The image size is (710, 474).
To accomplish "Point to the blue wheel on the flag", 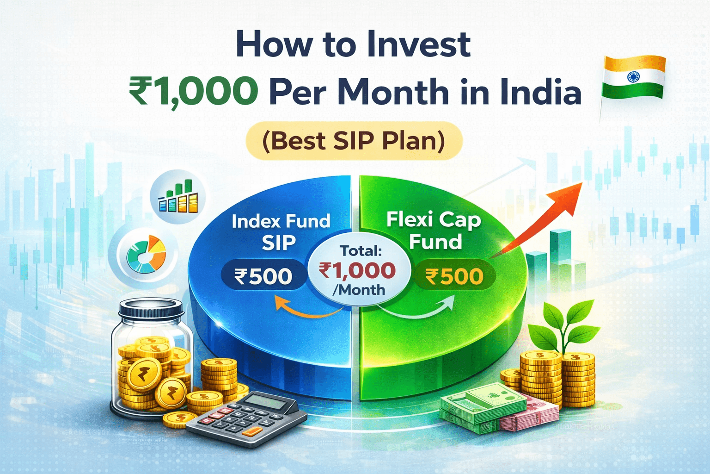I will coord(633,76).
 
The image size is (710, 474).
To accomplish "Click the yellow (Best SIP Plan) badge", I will coord(354,141).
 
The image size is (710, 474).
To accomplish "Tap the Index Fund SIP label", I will coord(281,231).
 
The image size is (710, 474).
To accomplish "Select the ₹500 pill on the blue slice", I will coord(263,276).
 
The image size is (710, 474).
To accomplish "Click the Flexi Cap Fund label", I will coord(434,230).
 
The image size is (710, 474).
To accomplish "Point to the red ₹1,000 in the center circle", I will coord(357,270).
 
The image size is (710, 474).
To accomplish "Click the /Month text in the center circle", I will coord(359,290).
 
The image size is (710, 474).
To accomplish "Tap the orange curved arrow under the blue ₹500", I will coord(305,310).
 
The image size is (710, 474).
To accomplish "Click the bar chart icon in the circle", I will coord(178,197).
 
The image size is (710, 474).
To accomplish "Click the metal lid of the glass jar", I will coord(151,307).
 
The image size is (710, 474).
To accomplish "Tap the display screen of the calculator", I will coord(264,400).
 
